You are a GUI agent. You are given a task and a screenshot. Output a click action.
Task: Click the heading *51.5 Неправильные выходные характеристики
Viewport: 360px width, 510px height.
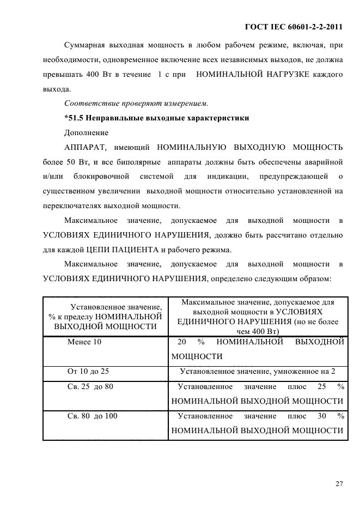coord(156,118)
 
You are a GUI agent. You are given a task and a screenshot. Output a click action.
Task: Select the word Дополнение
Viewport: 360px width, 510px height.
coord(86,132)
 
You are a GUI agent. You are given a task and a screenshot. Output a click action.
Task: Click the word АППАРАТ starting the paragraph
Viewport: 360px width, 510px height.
coord(86,147)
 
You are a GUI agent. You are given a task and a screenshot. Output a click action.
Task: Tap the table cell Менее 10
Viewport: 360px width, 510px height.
coord(84,342)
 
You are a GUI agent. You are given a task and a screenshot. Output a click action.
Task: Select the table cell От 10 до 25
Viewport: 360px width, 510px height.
coord(88,371)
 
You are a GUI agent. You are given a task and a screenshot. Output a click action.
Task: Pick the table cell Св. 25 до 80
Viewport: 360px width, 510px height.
coord(90,386)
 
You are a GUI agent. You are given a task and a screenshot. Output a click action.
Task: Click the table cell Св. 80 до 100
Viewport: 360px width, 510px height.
coord(92,416)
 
